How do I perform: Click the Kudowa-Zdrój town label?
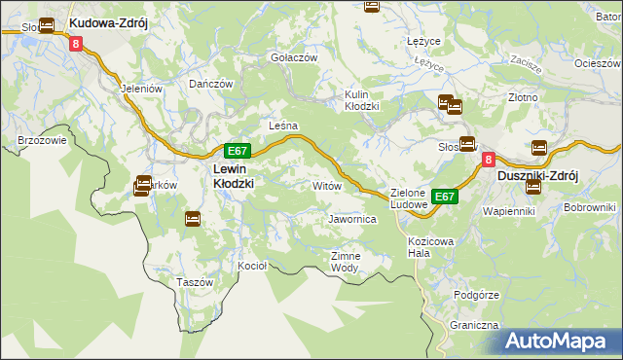108,22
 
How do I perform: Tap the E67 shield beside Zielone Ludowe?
445,197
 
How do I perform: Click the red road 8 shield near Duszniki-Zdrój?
489,158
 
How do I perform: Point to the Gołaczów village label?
294,57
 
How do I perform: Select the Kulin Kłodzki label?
362,100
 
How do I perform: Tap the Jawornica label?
352,220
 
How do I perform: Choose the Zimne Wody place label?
346,261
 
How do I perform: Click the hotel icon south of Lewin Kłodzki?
193,219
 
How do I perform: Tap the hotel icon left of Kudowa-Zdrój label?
46,22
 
